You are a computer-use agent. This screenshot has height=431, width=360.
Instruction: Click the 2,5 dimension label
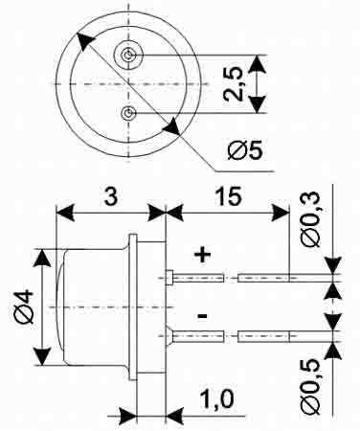pos(233,84)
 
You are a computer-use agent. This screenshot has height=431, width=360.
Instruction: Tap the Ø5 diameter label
pos(245,149)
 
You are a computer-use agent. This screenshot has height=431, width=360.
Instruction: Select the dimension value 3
pos(111,196)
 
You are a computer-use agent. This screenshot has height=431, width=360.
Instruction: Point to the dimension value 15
pos(228,196)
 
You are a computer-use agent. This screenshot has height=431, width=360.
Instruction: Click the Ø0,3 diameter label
pos(310,219)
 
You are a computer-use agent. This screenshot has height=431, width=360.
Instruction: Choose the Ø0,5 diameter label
pos(310,387)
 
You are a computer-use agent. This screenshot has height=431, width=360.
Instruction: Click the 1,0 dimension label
pos(216,398)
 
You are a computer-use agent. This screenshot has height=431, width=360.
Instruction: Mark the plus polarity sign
pos(203,255)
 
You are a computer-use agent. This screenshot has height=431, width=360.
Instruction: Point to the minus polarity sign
pos(202,316)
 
